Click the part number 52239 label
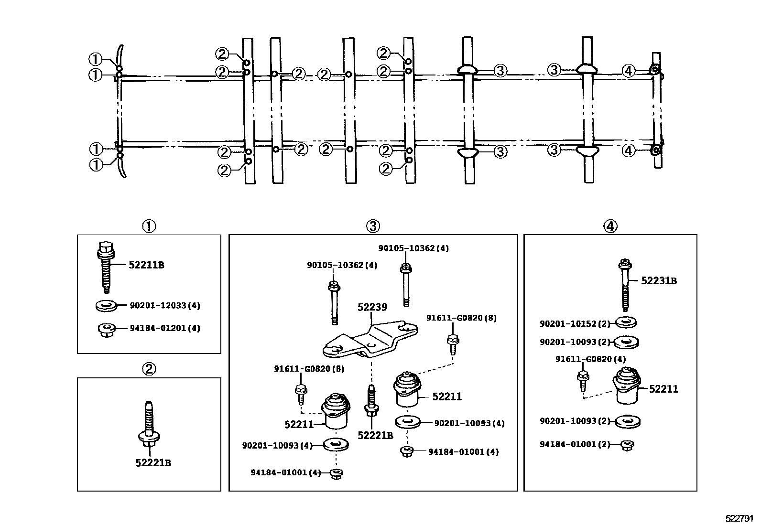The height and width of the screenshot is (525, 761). [x=372, y=307]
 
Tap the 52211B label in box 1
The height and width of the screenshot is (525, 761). [x=146, y=265]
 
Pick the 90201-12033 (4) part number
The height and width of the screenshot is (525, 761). [x=165, y=306]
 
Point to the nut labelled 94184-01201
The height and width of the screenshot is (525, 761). [x=106, y=330]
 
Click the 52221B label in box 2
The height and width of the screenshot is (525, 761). [x=153, y=462]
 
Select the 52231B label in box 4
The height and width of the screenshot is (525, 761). [x=659, y=281]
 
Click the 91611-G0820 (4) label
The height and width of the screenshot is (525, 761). [x=590, y=359]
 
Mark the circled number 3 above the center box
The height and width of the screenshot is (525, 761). [x=373, y=226]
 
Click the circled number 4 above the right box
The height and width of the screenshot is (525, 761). [x=610, y=226]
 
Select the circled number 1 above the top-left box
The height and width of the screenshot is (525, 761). [x=149, y=226]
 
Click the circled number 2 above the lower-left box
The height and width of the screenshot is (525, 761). [x=149, y=369]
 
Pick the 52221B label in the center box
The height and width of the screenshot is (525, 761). [x=375, y=435]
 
